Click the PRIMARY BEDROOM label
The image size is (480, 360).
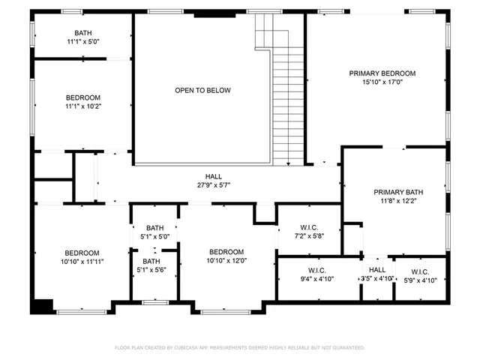[382, 73]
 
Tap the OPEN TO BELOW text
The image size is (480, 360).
[202, 91]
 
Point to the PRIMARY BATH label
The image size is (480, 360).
[399, 192]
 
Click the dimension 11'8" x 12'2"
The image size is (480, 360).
[399, 201]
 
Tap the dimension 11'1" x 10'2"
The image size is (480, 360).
[82, 106]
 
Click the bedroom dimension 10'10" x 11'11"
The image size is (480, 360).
[81, 262]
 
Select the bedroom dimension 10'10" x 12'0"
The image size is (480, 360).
[226, 261]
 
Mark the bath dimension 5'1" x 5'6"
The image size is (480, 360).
[154, 270]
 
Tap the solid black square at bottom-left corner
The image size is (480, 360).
[42, 306]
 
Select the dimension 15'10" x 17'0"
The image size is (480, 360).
[382, 82]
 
